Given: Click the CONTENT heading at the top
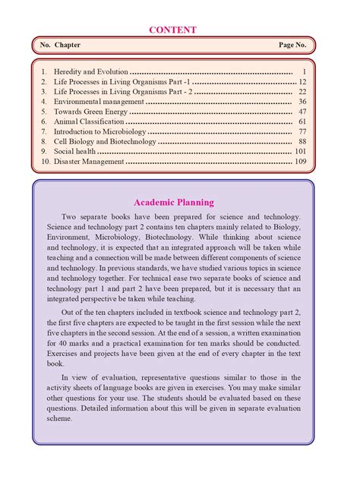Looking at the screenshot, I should [172, 30].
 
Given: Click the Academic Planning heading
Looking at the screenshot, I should [173, 202].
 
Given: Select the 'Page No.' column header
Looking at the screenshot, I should [292, 46].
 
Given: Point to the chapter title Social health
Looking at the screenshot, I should [74, 151].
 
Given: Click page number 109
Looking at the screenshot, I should [300, 162].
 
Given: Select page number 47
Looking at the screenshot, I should [302, 111].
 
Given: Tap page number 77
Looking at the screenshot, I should [302, 131].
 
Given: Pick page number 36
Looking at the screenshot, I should [302, 101].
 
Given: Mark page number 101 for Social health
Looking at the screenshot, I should [300, 151].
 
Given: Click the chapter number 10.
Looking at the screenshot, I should [46, 162].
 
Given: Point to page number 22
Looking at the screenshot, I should [302, 91].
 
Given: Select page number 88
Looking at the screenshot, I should [302, 141].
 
